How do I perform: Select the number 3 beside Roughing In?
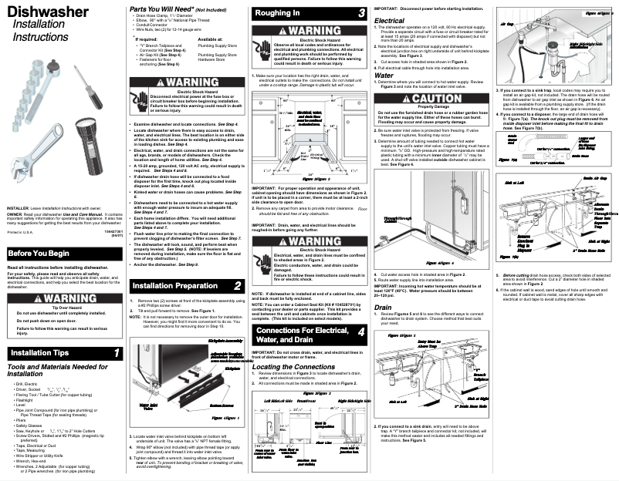(x=362, y=14)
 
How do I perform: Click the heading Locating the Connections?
(x=294, y=367)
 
